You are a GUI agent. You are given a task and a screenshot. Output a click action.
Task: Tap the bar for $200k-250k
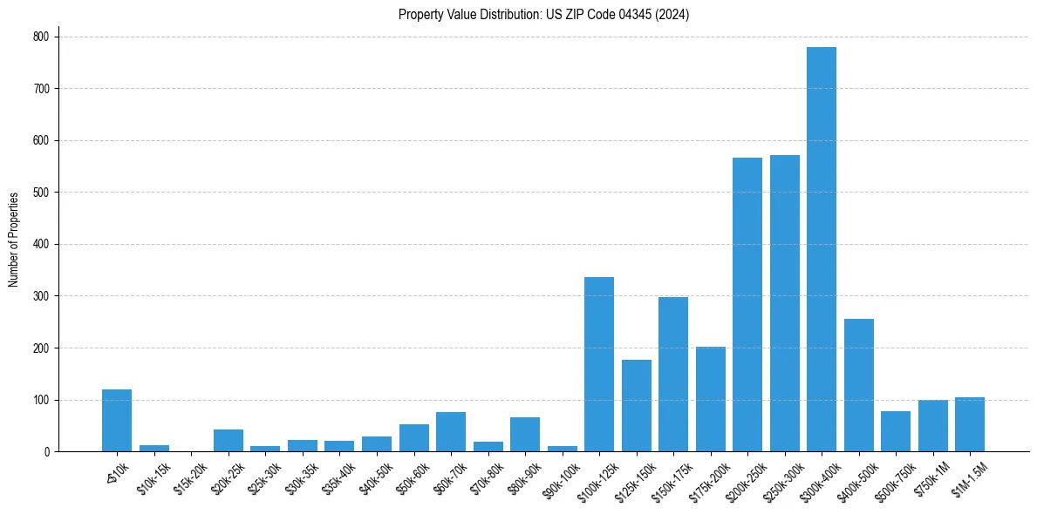pyautogui.click(x=747, y=305)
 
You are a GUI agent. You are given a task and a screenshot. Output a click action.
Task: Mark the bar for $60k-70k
pyautogui.click(x=450, y=432)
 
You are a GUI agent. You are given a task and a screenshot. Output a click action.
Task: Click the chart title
pyautogui.click(x=543, y=15)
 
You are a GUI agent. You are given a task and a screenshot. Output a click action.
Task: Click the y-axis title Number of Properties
pyautogui.click(x=14, y=239)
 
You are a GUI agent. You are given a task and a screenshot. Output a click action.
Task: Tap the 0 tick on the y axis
pyautogui.click(x=49, y=452)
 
